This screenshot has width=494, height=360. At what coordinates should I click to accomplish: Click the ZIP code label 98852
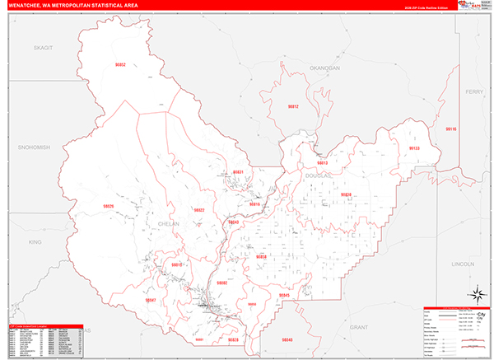[120, 64]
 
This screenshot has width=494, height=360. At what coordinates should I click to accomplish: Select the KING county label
[35, 242]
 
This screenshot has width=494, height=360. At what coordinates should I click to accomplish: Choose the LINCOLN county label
[464, 264]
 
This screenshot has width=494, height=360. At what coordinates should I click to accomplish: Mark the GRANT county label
[358, 327]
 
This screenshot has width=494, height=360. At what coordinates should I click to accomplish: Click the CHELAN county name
[167, 223]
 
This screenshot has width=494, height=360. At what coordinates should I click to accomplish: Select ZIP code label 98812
[293, 107]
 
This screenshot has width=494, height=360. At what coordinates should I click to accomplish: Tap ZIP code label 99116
[451, 129]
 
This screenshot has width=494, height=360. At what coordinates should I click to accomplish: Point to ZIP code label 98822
[198, 210]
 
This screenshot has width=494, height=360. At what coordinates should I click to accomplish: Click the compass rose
[475, 294]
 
